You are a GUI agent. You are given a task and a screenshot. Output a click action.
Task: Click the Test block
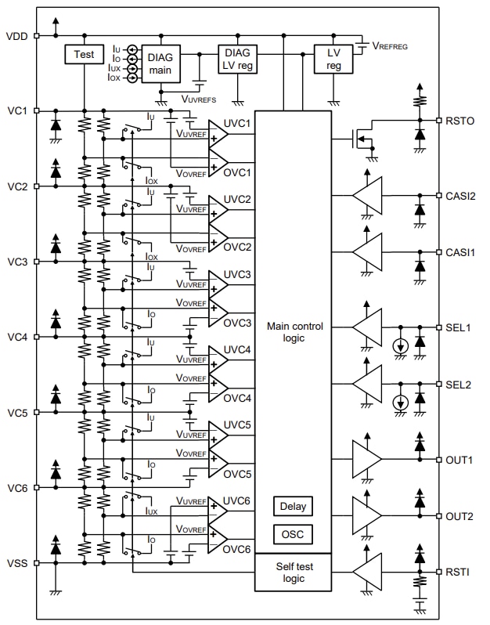click(x=84, y=54)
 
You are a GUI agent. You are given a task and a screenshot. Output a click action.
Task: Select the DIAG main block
click(x=161, y=62)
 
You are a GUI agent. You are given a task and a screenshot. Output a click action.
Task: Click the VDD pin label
click(x=16, y=36)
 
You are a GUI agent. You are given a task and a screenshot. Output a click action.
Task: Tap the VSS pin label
click(x=16, y=562)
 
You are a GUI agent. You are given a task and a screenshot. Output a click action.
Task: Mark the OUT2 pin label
click(x=461, y=516)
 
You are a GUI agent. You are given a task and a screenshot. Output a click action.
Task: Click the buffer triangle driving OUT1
click(x=366, y=459)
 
